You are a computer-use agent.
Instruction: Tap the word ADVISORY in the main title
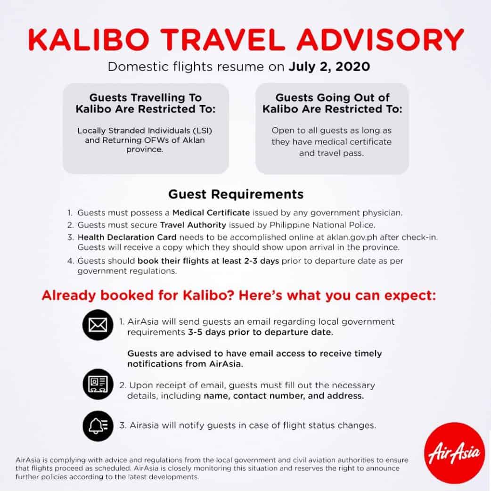[x=380, y=40]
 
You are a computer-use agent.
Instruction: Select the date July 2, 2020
[x=329, y=67]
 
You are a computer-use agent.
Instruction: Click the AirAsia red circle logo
[x=454, y=453]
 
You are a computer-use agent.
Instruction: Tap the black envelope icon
[x=98, y=325]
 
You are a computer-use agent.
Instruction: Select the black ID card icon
[x=98, y=384]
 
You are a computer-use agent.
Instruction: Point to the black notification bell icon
[x=98, y=426]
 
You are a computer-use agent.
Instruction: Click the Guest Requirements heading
[x=236, y=195]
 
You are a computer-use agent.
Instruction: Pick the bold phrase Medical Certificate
[x=211, y=213]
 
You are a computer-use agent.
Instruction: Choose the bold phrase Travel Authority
[x=193, y=225]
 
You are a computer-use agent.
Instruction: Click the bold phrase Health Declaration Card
[x=127, y=237]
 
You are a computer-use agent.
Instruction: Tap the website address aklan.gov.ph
[x=352, y=237]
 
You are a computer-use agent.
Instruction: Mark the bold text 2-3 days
[x=261, y=261]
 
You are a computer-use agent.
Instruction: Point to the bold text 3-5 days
[x=207, y=332]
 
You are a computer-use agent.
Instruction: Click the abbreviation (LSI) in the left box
[x=202, y=131]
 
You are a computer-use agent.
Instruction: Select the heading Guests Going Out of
[x=333, y=98]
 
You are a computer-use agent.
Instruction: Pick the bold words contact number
[x=269, y=396]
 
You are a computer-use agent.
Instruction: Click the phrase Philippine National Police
[x=322, y=225]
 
